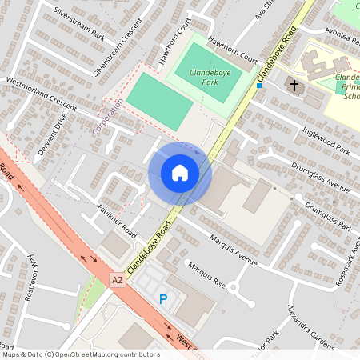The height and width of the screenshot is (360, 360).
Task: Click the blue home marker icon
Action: (x=180, y=173)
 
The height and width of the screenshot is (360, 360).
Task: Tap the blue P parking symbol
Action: (x=163, y=299)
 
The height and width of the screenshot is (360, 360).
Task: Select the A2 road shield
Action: (x=118, y=279)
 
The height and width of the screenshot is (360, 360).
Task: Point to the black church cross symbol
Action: (x=294, y=84)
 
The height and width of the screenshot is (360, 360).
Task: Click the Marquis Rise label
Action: (x=206, y=275)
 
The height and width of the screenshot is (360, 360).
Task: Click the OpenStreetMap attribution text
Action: (x=80, y=354)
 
